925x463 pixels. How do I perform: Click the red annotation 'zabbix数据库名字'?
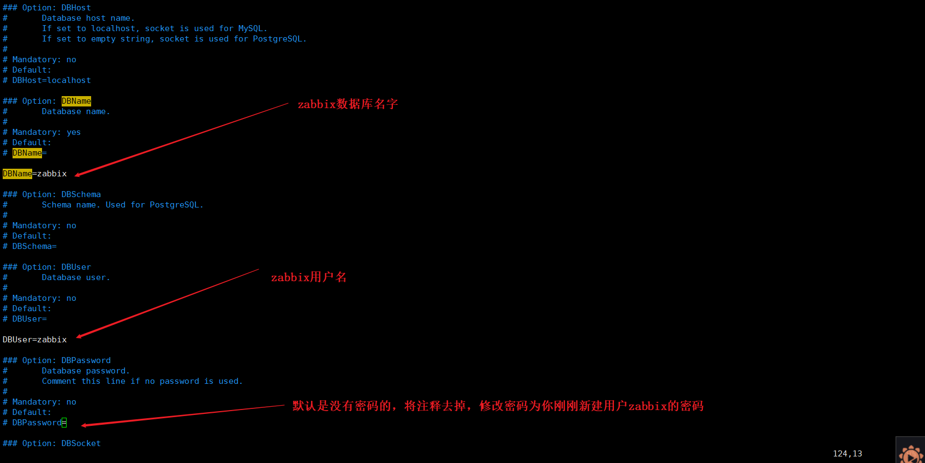pyautogui.click(x=348, y=104)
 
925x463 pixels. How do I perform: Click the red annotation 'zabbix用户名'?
pyautogui.click(x=308, y=277)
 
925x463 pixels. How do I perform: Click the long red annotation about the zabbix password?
pyautogui.click(x=498, y=406)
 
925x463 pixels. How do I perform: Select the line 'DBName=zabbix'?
pyautogui.click(x=35, y=174)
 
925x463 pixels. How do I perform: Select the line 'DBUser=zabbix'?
pyautogui.click(x=35, y=340)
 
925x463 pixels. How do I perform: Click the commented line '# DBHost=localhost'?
pyautogui.click(x=47, y=80)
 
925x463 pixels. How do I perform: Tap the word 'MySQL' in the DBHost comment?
pyautogui.click(x=250, y=28)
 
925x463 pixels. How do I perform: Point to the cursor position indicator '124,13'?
pyautogui.click(x=847, y=454)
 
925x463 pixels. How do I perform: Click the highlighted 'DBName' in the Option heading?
pyautogui.click(x=76, y=101)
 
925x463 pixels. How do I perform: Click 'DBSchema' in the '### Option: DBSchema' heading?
pyautogui.click(x=81, y=194)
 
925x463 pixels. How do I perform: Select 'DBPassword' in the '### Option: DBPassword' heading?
pyautogui.click(x=86, y=360)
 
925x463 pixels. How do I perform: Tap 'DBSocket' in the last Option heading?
pyautogui.click(x=81, y=443)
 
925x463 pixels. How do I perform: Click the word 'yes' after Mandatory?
pyautogui.click(x=74, y=132)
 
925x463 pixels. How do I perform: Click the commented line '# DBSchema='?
pyautogui.click(x=30, y=246)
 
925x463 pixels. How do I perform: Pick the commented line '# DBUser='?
pyautogui.click(x=25, y=319)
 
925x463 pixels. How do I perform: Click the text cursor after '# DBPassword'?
pyautogui.click(x=64, y=423)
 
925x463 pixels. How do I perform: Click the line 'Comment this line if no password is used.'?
pyautogui.click(x=142, y=381)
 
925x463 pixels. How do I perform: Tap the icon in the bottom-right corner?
pyautogui.click(x=911, y=453)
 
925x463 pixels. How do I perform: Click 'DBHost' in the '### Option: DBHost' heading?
pyautogui.click(x=76, y=8)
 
